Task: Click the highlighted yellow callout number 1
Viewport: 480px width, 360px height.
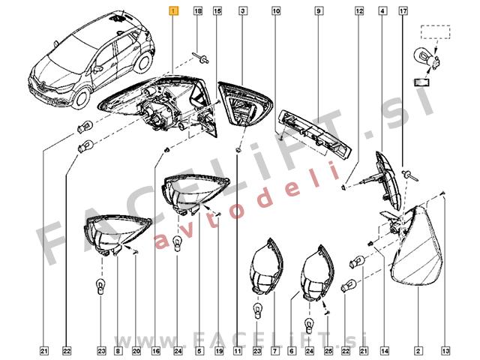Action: tap(173, 11)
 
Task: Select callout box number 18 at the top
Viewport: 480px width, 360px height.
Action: tap(198, 11)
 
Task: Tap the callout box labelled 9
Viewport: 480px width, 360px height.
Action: tap(318, 11)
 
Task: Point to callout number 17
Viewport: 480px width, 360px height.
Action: tap(403, 11)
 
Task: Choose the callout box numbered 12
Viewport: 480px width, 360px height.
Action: tap(359, 11)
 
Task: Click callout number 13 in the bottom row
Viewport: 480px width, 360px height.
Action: tap(445, 351)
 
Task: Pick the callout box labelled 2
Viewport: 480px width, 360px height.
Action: tap(418, 351)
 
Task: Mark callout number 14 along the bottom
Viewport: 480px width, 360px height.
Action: tap(385, 351)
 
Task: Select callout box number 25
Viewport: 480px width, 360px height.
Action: tap(328, 351)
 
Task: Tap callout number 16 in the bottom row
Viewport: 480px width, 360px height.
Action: tap(156, 351)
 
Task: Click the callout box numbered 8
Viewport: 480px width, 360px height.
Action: tap(118, 351)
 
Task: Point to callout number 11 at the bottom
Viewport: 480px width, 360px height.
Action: tap(238, 351)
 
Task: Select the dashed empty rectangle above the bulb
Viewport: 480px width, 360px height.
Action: tap(435, 31)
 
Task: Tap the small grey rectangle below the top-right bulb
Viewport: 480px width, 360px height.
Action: tap(421, 82)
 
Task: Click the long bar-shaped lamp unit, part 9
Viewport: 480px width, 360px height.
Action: tap(315, 134)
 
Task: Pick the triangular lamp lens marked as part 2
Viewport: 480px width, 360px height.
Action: tap(418, 245)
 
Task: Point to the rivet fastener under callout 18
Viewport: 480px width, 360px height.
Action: tap(200, 58)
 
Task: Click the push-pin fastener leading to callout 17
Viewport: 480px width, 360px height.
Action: tap(410, 175)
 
